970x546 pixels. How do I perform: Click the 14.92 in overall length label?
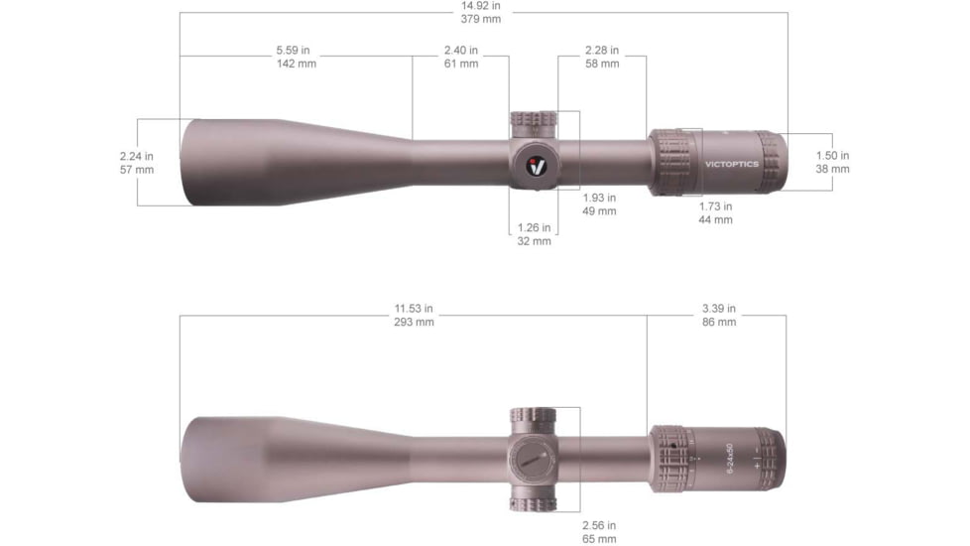click(x=481, y=12)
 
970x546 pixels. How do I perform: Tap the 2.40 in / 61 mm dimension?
click(x=460, y=57)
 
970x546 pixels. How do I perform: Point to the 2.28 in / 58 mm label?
click(x=602, y=57)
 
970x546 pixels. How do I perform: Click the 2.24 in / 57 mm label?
click(x=137, y=163)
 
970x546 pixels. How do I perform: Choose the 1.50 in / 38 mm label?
click(x=832, y=162)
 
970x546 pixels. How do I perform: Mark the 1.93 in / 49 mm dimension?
click(x=599, y=204)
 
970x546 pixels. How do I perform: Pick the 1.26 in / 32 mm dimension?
click(x=534, y=234)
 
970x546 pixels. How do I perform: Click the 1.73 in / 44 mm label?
click(x=715, y=212)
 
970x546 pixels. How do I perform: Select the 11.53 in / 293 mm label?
click(x=414, y=316)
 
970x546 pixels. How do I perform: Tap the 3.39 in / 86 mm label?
click(x=719, y=316)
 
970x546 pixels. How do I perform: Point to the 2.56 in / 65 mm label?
click(x=599, y=531)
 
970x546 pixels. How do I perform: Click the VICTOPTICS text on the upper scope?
click(x=732, y=164)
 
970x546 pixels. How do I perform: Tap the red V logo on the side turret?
click(x=536, y=165)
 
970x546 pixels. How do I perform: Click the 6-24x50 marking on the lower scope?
click(x=731, y=459)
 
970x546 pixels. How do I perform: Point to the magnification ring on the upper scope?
click(x=674, y=162)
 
